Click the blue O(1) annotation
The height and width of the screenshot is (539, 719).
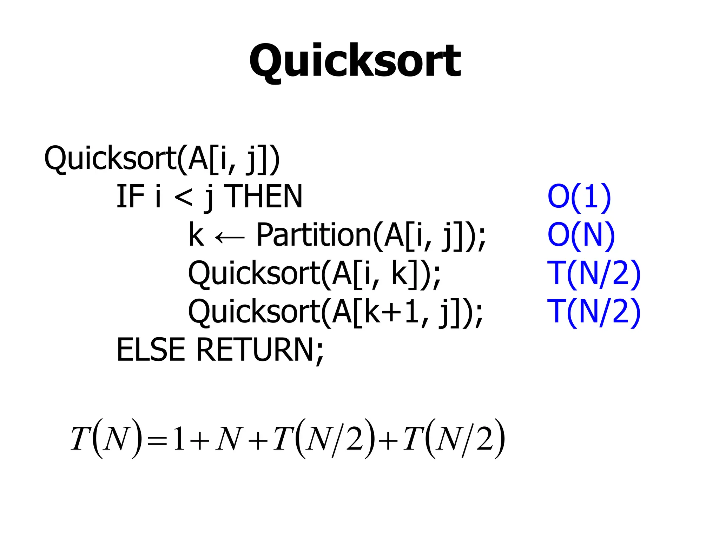point(579,197)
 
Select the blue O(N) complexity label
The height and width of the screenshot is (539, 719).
point(581,235)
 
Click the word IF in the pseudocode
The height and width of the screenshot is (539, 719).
point(130,197)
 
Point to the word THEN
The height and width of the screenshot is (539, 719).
point(263,197)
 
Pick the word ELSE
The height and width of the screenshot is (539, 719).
point(151,350)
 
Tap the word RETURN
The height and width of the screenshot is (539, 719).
point(255,350)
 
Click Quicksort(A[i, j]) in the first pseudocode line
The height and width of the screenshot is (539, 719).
point(162,159)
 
